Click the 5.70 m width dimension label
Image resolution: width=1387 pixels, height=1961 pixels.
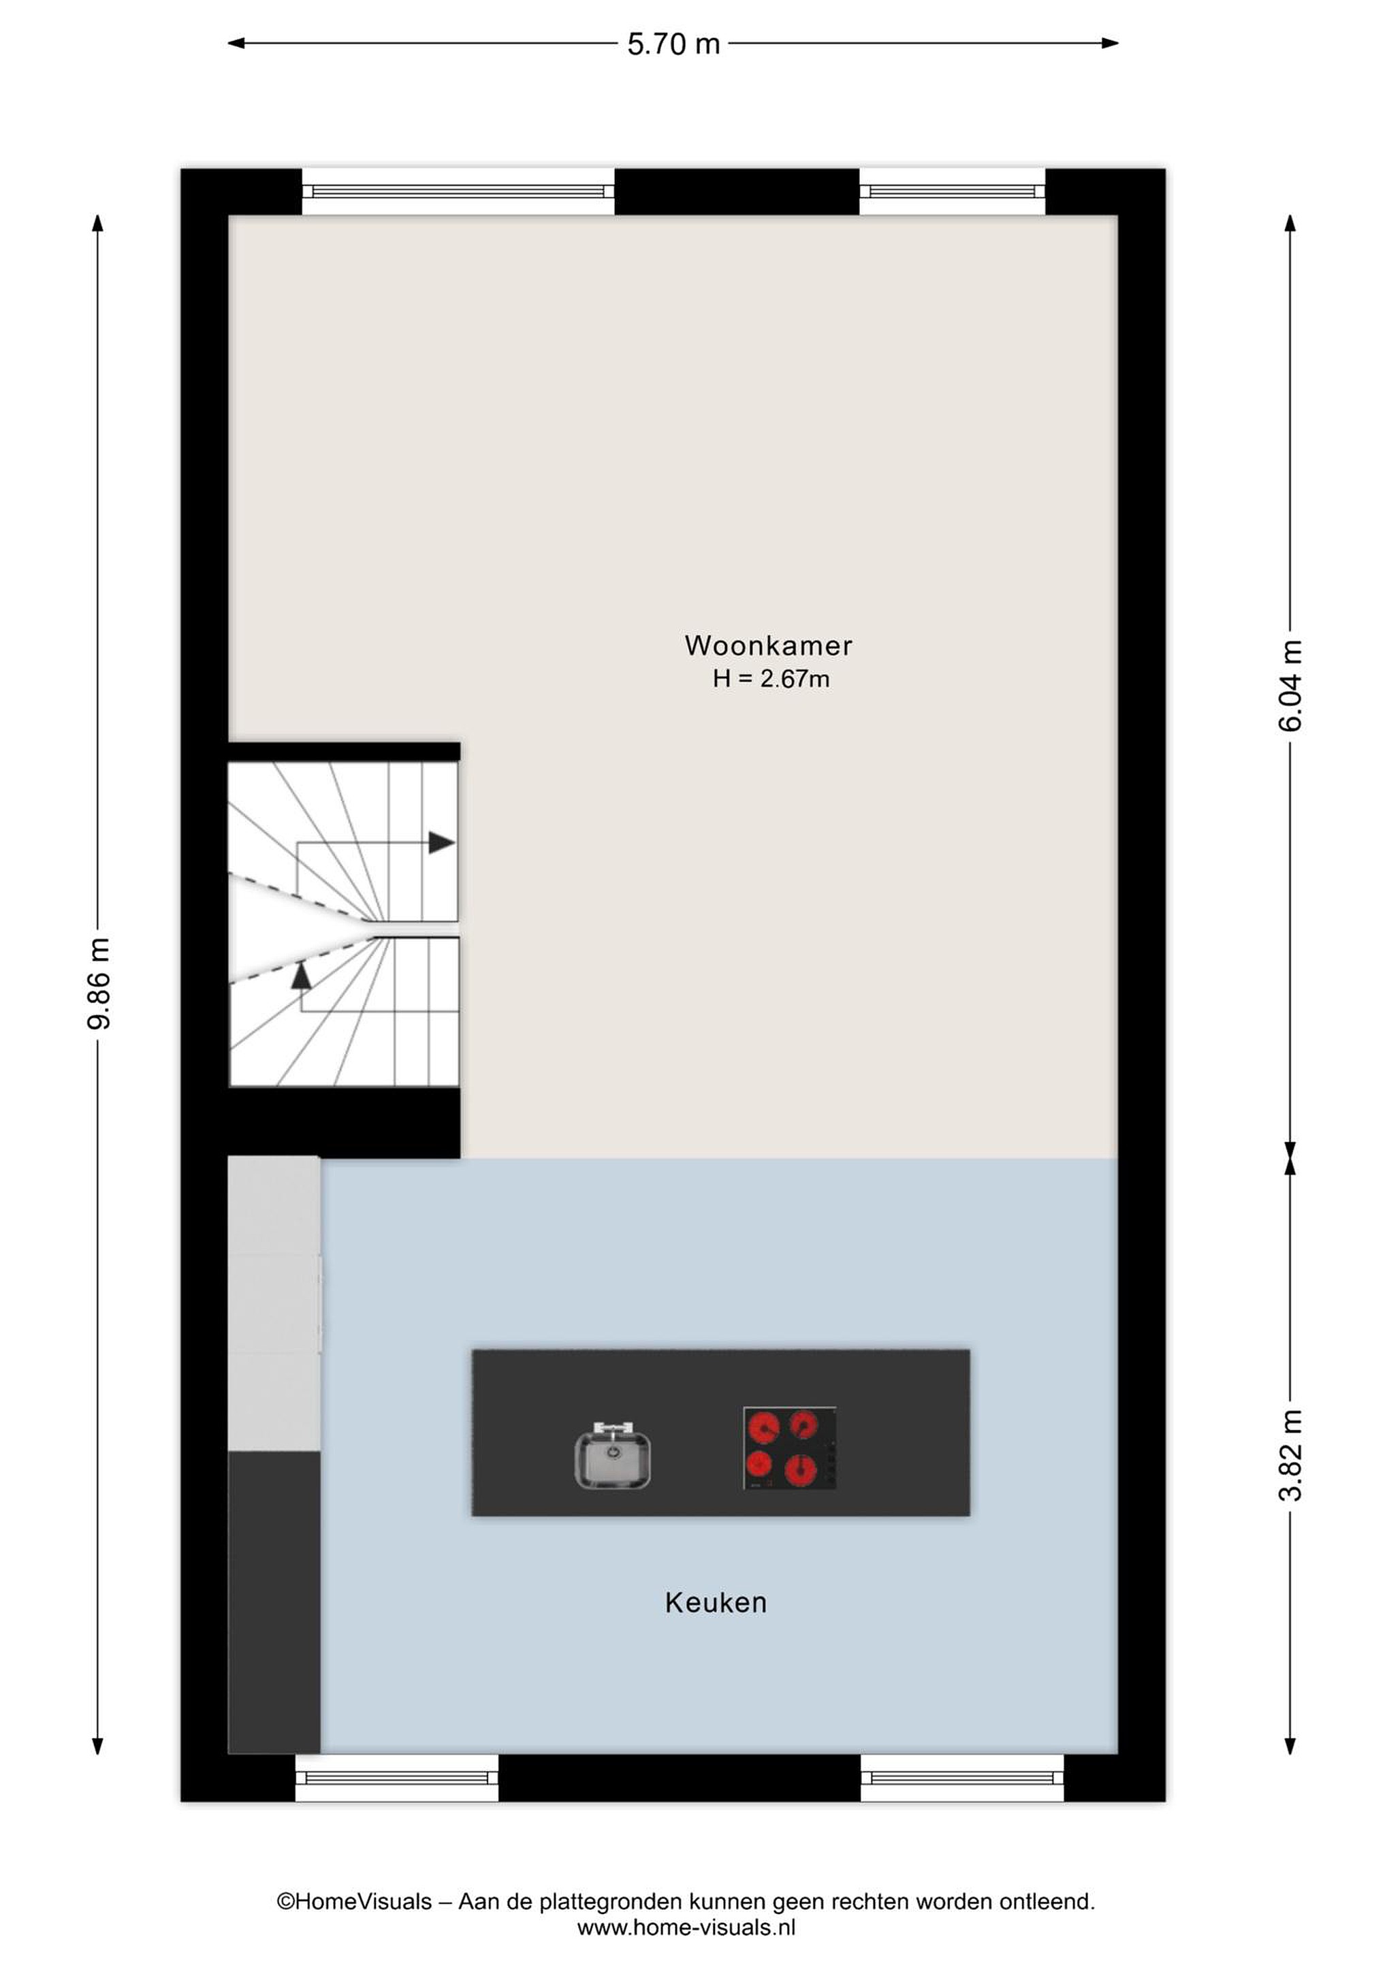[x=674, y=44]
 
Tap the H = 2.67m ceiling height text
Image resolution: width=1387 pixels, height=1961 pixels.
[x=771, y=679]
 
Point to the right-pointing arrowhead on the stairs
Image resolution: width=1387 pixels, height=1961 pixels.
[x=441, y=842]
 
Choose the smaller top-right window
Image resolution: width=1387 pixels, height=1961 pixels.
[x=953, y=191]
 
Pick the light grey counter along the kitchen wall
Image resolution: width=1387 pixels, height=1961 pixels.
[x=274, y=1303]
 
